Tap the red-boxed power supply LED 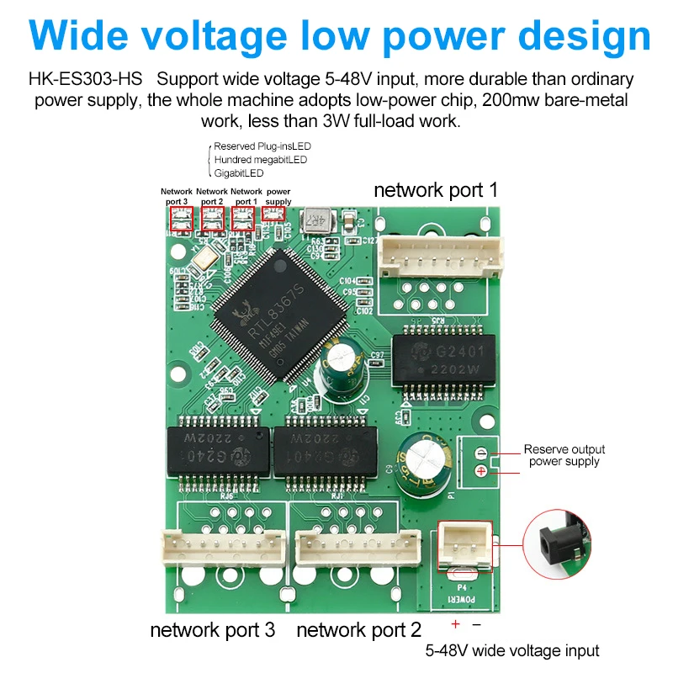(273, 213)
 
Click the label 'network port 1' (435, 189)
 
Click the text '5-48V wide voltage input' (511, 650)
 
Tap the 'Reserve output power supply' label (564, 455)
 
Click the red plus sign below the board (455, 624)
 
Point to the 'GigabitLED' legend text (239, 173)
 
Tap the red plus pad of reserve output (480, 470)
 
